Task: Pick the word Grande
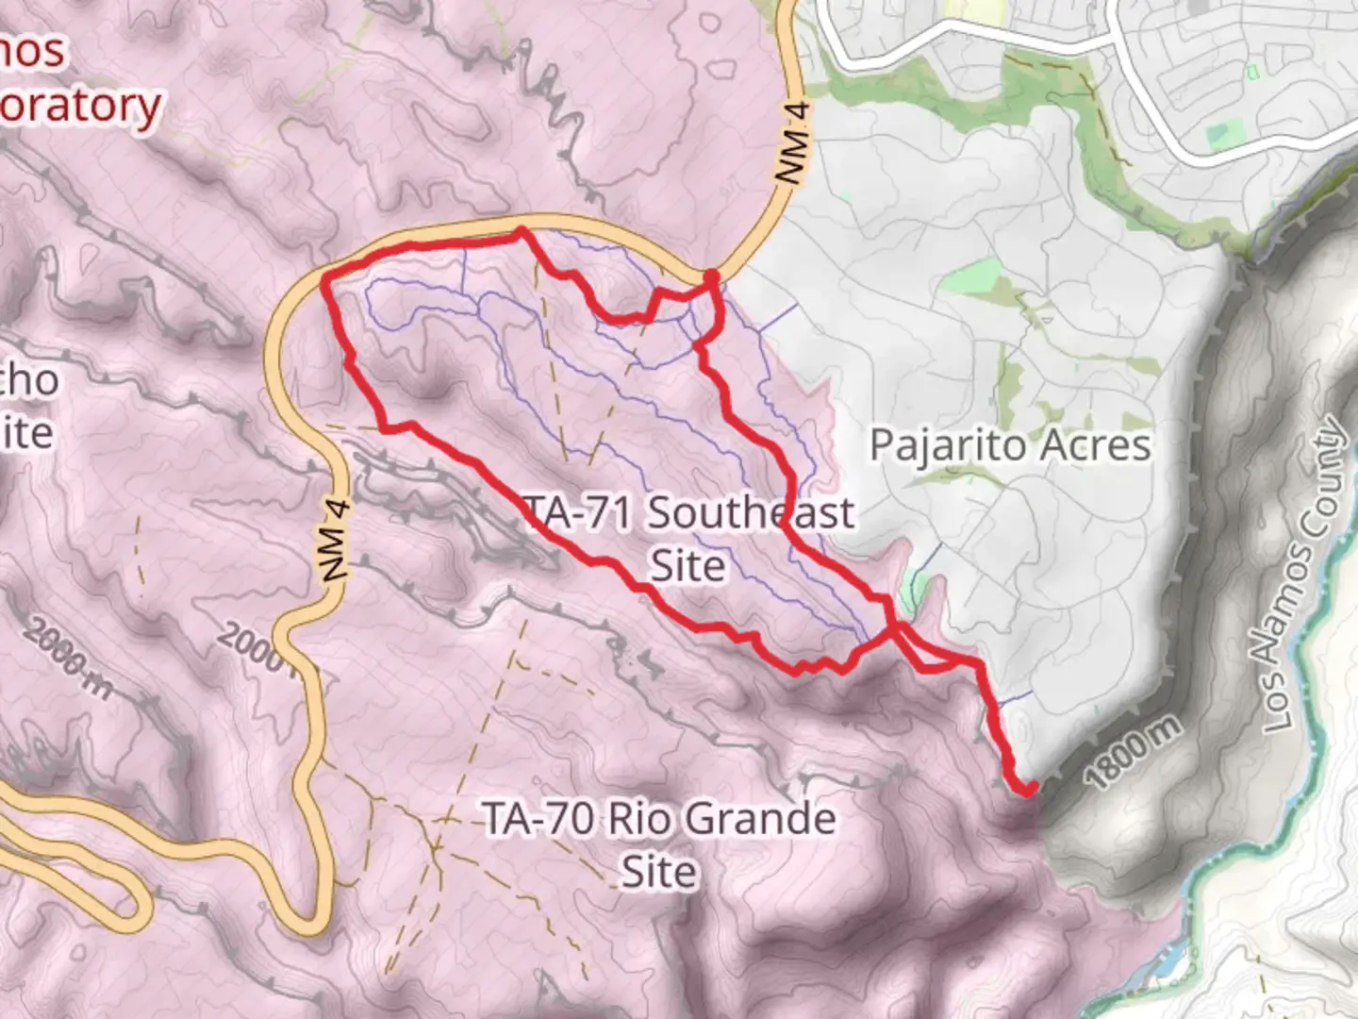763,818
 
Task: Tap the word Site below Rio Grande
658,871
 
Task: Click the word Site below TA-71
687,566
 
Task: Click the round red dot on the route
711,276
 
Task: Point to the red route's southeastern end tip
1032,786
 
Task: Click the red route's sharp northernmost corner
520,230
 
